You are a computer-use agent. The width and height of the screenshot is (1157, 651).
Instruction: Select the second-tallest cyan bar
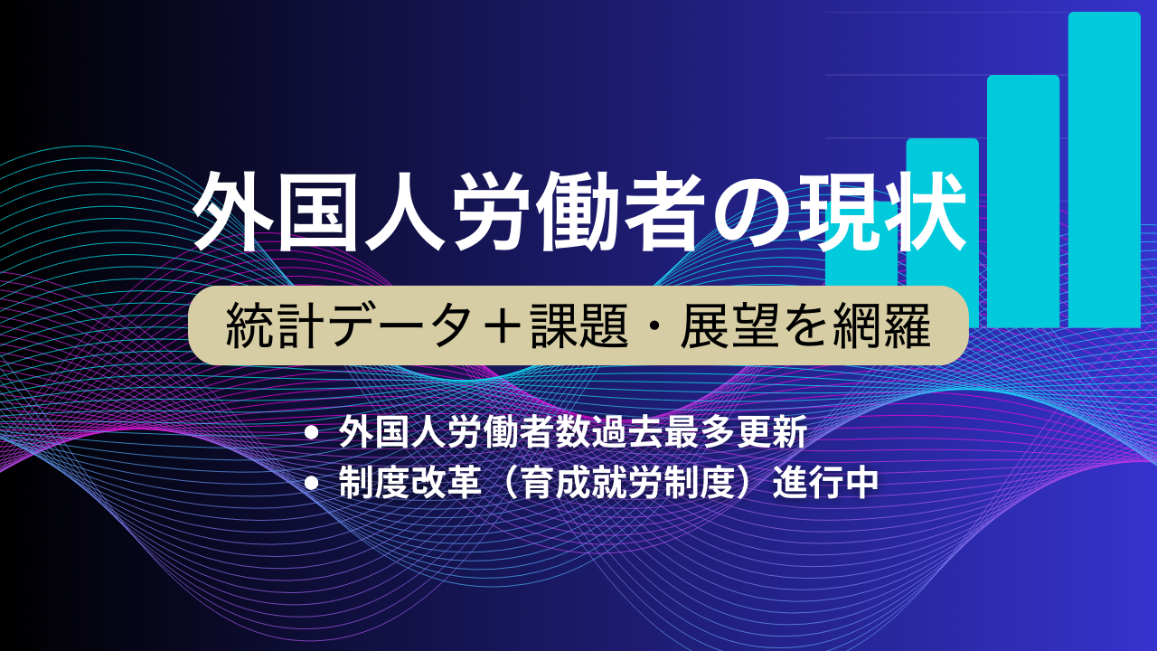1023,202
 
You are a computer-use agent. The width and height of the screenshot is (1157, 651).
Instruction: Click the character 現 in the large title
837,212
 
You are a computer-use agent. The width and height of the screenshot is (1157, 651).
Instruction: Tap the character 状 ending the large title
924,212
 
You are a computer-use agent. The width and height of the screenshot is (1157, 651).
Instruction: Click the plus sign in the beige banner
500,326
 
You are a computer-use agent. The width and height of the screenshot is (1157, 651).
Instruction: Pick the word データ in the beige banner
400,326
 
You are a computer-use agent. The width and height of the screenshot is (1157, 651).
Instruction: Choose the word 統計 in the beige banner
276,326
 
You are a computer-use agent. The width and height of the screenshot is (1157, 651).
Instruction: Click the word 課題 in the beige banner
579,326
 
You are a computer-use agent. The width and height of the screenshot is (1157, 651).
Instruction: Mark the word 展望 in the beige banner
729,326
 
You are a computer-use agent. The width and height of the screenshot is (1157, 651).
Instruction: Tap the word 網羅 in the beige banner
881,326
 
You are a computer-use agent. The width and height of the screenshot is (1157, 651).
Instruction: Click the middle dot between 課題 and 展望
654,326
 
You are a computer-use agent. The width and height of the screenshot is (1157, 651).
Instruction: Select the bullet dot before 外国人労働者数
312,432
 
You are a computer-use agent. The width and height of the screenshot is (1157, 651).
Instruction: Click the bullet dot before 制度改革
312,484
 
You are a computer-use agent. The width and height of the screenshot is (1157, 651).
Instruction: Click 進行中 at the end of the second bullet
825,483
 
